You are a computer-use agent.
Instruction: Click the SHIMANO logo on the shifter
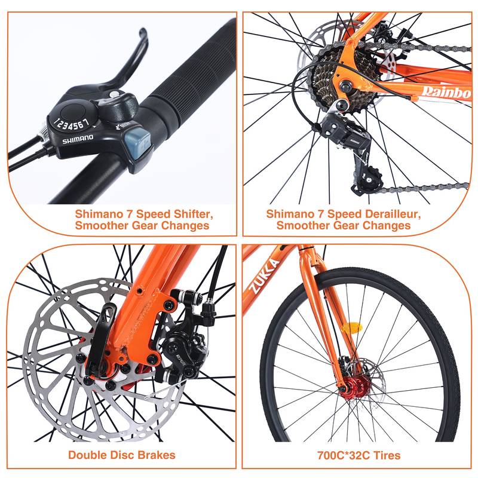click(78, 138)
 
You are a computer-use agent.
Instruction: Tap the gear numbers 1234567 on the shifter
click(72, 124)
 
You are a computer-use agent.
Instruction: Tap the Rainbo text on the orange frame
click(445, 90)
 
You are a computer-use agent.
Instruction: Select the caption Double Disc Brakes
click(121, 455)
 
